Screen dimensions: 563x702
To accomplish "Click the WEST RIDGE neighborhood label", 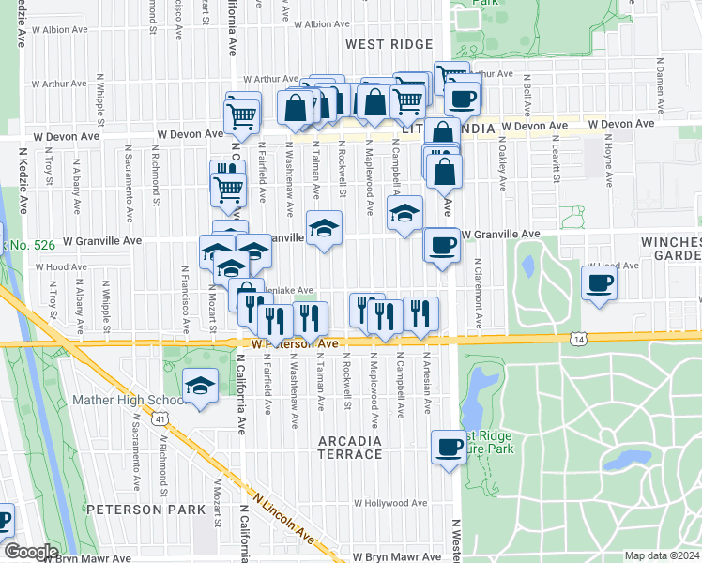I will pyautogui.click(x=389, y=44).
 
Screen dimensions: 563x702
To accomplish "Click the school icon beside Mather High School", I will pyautogui.click(x=199, y=386).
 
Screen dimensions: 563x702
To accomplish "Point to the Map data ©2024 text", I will pyautogui.click(x=662, y=555).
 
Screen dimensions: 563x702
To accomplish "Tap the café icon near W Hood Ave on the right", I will pyautogui.click(x=599, y=282).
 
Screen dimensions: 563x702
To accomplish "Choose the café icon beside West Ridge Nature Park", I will pyautogui.click(x=449, y=446).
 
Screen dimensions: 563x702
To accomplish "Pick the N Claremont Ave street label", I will pyautogui.click(x=478, y=293).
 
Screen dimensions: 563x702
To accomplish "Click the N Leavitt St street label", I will pyautogui.click(x=557, y=159).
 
